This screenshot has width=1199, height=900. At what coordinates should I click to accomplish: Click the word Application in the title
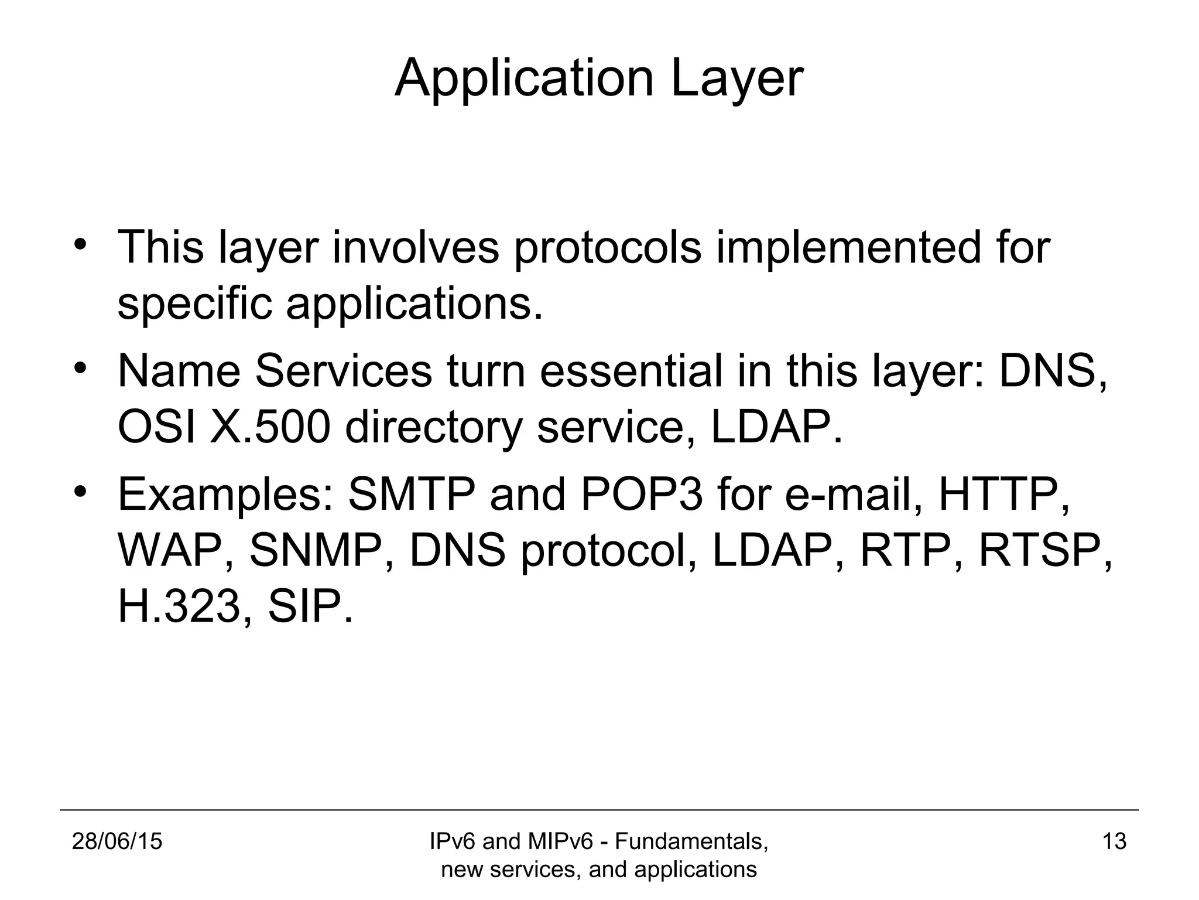(x=524, y=79)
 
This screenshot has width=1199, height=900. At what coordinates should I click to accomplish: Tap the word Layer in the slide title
(x=737, y=79)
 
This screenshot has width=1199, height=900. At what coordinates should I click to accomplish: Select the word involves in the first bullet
(x=416, y=247)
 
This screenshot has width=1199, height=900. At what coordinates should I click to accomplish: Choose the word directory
(x=433, y=428)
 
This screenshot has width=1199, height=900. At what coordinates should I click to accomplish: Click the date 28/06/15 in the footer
(x=117, y=841)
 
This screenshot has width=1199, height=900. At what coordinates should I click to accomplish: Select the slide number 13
(x=1114, y=841)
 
